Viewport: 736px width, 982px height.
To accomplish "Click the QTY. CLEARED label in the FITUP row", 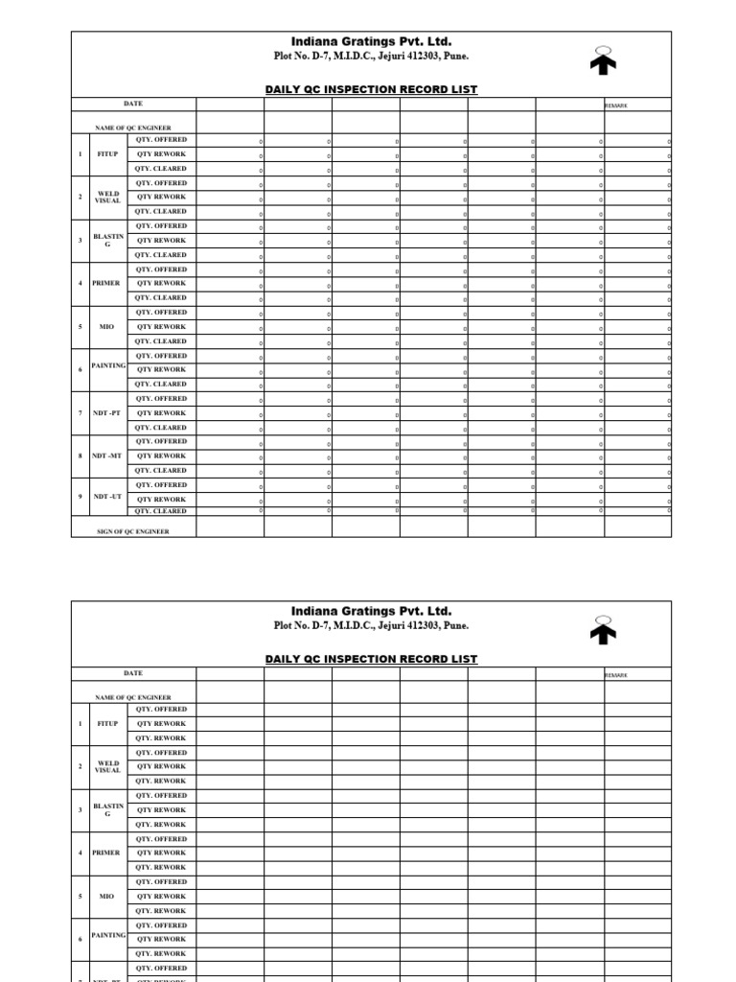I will (x=161, y=169).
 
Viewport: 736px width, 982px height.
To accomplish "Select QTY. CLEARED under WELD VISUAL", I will (x=161, y=212).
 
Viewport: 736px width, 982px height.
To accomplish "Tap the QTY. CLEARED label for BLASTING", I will (x=161, y=255).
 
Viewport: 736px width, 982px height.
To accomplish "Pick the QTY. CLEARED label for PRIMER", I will (x=161, y=298).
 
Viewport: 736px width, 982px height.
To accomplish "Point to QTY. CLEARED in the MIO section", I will (x=161, y=341).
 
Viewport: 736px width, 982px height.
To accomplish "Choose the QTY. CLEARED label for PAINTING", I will (x=161, y=385).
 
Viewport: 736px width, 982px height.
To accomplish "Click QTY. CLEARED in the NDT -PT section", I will (x=161, y=428).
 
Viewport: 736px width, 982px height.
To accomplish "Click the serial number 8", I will (x=80, y=456).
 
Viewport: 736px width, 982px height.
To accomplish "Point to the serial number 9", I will (x=80, y=500).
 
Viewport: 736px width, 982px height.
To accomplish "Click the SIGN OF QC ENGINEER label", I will (x=133, y=531).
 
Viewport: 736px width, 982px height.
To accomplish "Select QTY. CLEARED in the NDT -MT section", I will (x=161, y=471).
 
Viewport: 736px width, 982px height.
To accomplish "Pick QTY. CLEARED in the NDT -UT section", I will (x=161, y=511).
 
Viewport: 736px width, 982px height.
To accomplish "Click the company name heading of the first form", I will (x=371, y=42).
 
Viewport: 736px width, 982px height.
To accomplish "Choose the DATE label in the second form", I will (x=133, y=673).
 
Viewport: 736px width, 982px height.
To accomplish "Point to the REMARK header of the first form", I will (x=616, y=105).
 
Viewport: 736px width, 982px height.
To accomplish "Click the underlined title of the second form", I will (x=371, y=659).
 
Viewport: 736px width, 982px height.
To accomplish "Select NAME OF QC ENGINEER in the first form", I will (x=133, y=128).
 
